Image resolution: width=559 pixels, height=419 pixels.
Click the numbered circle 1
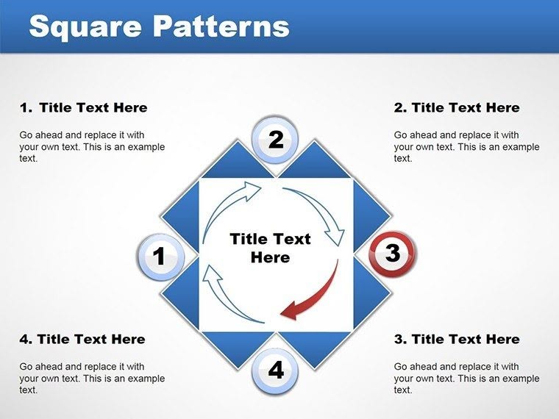pos(158,257)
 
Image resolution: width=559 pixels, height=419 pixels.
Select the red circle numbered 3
pos(392,254)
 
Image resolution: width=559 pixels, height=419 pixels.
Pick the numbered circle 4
pos(275,370)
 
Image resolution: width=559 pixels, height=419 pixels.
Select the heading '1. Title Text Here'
pos(83,108)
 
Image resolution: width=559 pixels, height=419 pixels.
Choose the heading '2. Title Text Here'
pos(457,108)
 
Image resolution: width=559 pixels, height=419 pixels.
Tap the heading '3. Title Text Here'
pos(457,339)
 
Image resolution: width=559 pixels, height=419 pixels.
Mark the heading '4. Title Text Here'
pos(82,339)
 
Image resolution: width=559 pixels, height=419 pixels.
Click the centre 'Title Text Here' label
pos(270,248)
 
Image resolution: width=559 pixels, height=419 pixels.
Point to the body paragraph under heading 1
pos(92,146)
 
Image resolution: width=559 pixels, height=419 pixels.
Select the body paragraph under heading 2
pos(466,146)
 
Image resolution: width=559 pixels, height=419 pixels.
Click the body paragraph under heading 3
pos(466,378)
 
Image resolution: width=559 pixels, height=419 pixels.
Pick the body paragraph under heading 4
pos(92,378)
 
